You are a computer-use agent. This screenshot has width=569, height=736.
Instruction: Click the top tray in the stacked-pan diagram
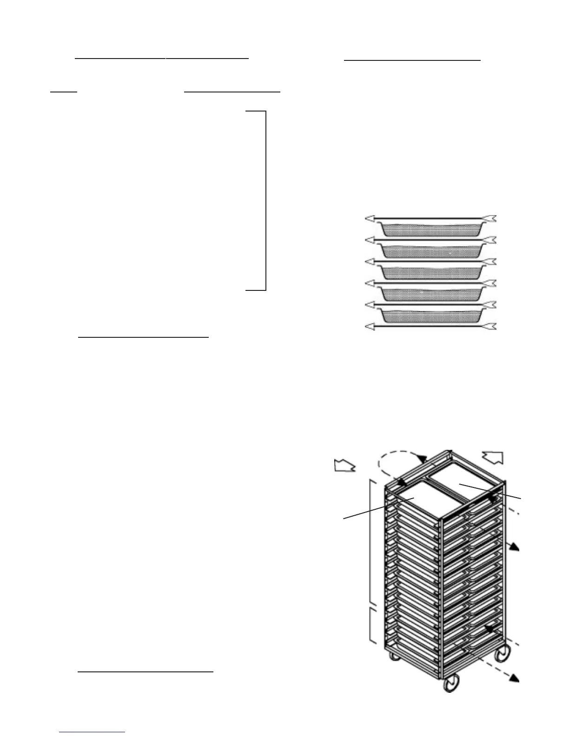430,228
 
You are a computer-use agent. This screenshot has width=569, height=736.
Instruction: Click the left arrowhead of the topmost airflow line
370,218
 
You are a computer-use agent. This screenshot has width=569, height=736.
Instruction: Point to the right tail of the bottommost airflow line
491,327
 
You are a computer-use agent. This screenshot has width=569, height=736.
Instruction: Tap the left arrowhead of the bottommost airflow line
370,327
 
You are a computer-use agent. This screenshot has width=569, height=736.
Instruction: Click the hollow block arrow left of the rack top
345,466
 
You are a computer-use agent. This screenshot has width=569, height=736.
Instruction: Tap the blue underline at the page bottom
93,732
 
